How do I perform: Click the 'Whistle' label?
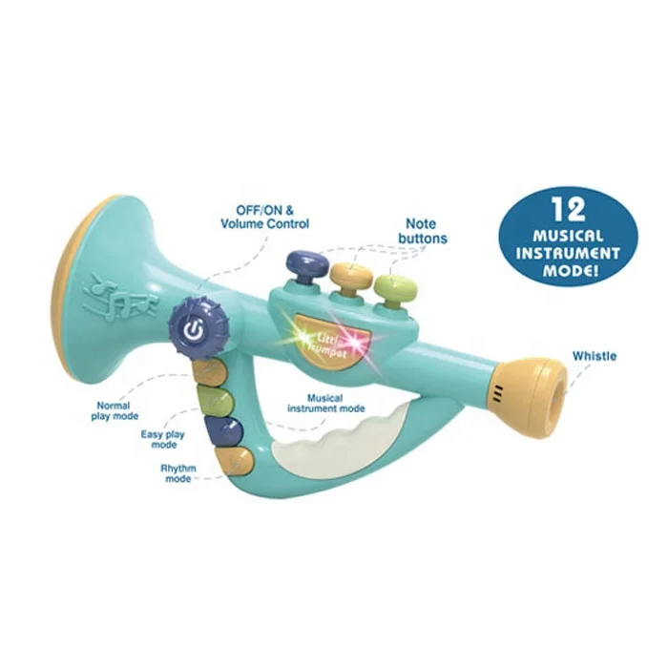pyautogui.click(x=594, y=356)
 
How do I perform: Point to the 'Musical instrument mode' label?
pyautogui.click(x=326, y=403)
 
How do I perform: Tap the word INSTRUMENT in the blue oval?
pyautogui.click(x=568, y=254)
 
